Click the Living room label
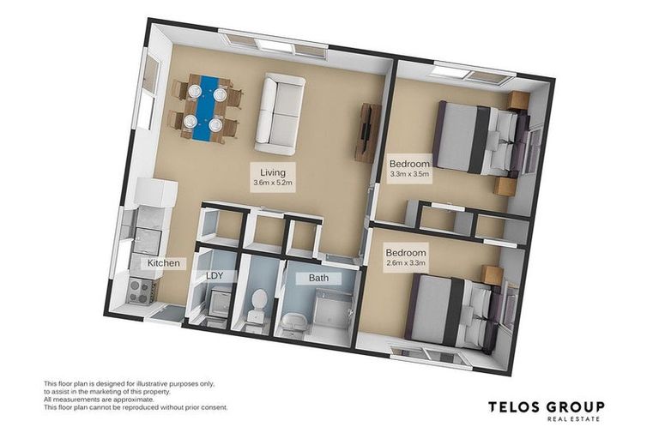273,171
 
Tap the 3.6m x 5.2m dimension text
273,183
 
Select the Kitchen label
164,263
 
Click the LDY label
215,276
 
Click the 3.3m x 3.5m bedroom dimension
408,173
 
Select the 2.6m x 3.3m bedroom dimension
406,262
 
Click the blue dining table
204,109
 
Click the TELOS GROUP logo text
546,407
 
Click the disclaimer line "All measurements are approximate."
100,400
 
